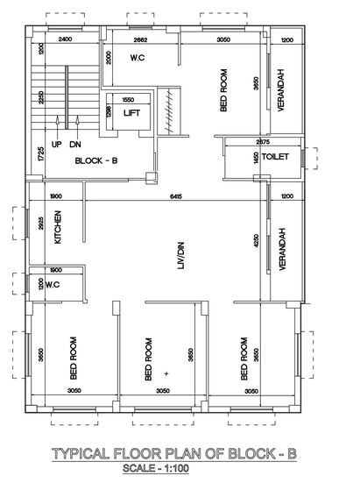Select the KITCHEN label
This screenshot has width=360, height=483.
59,226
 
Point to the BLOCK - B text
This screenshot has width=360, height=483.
97,161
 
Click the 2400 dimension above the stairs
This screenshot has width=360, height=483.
65,40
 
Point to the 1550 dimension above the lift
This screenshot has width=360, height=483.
130,100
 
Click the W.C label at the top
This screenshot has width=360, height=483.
138,59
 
